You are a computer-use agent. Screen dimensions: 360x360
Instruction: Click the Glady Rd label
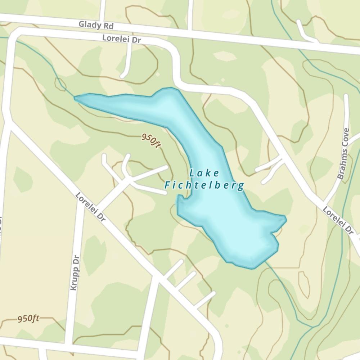(x=96, y=26)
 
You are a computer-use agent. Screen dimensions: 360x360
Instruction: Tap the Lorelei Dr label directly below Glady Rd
(x=121, y=39)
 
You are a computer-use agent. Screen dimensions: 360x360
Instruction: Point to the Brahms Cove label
(x=343, y=154)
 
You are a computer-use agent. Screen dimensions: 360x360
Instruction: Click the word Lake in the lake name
(x=204, y=173)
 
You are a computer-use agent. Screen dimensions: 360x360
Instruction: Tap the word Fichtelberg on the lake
(x=204, y=186)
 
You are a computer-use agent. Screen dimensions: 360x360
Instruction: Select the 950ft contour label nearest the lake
(x=150, y=140)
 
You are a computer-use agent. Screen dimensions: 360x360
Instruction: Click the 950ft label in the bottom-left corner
(x=28, y=319)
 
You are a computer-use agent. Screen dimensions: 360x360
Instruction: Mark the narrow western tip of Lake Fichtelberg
(x=75, y=97)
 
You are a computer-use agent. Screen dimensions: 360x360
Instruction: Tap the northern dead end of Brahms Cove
(x=346, y=96)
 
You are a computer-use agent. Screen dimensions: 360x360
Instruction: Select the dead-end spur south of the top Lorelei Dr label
(x=123, y=76)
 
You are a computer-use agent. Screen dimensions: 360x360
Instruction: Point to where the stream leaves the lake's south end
(x=266, y=262)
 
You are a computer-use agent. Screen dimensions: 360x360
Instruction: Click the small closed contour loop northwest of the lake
(x=60, y=84)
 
